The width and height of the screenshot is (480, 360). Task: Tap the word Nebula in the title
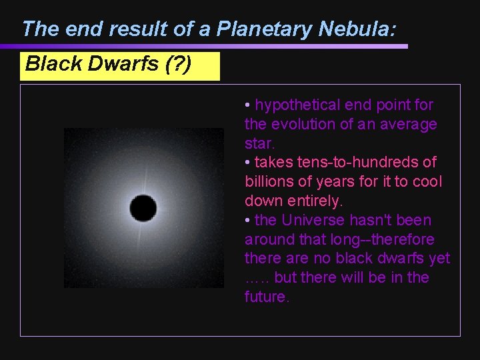click(x=356, y=29)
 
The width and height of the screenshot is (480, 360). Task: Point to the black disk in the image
click(x=143, y=208)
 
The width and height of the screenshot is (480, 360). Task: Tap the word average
click(x=410, y=125)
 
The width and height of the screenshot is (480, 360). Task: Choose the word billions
click(x=269, y=182)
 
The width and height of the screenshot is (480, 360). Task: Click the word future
click(x=266, y=297)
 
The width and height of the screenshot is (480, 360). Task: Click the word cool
click(x=427, y=182)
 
